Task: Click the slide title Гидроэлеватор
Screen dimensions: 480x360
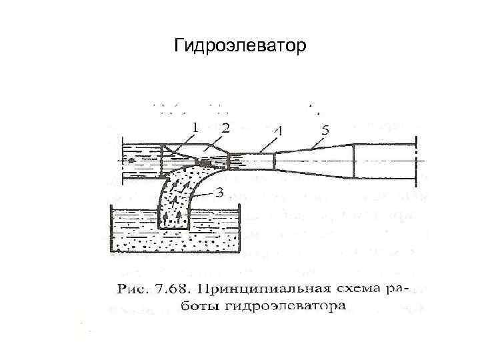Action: tap(239, 47)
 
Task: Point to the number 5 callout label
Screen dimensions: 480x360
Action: tap(325, 132)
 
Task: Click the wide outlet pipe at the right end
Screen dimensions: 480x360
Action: tap(383, 161)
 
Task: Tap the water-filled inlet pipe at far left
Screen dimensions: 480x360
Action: tap(140, 161)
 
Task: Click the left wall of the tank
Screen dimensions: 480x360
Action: tap(111, 230)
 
